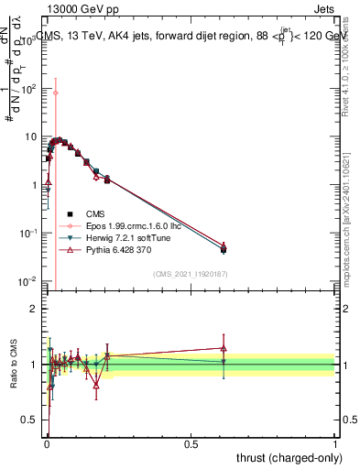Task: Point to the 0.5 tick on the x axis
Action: click(x=191, y=443)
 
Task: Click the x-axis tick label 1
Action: click(x=335, y=443)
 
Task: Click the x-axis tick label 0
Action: click(x=46, y=443)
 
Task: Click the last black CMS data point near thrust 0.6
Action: click(x=224, y=249)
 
